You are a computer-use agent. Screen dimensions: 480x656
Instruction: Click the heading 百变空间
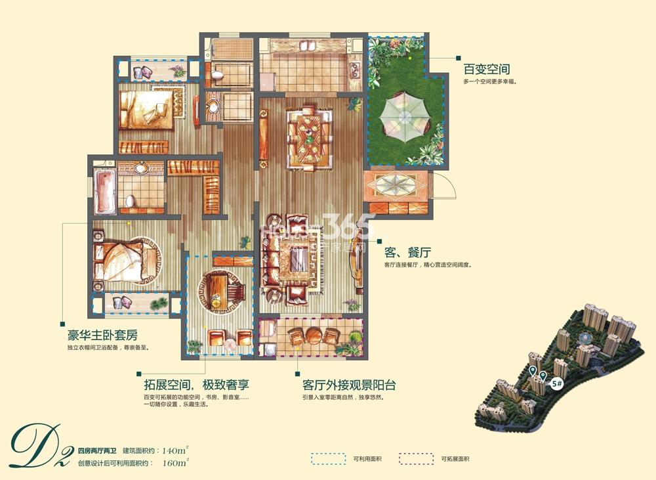pos(487,68)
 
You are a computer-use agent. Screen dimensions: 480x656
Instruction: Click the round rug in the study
pos(222,289)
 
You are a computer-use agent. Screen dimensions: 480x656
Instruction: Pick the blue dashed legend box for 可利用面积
pos(328,458)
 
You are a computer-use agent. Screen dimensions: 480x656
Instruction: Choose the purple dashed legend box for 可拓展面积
pos(417,458)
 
